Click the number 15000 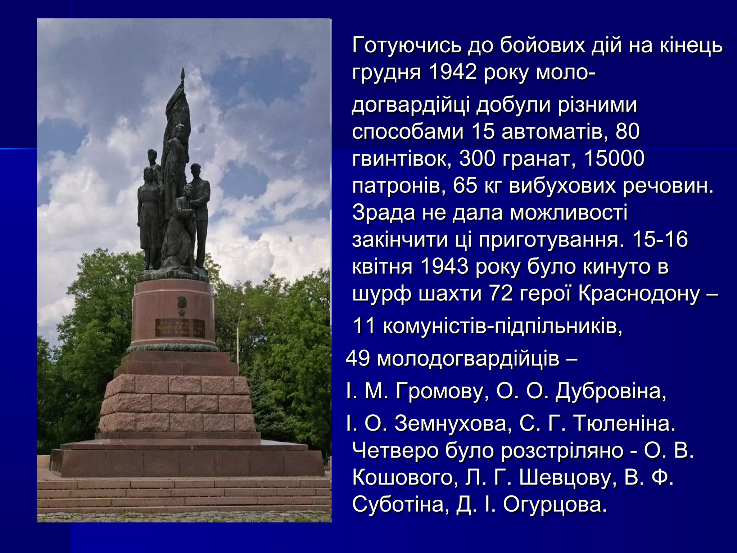pyautogui.click(x=614, y=158)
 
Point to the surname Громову pyautogui.click(x=439, y=391)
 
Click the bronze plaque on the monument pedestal pyautogui.click(x=180, y=327)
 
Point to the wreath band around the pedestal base pyautogui.click(x=173, y=347)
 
